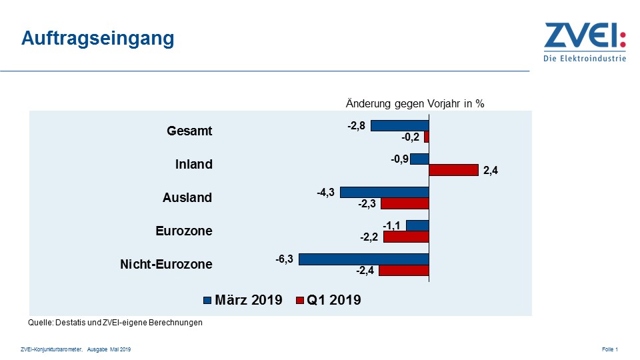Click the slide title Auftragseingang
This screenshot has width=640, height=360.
click(x=97, y=39)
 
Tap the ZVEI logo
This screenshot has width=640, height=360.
click(x=585, y=41)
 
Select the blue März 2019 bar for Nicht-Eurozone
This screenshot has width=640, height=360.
click(x=363, y=259)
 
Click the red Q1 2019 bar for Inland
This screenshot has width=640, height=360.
click(x=453, y=170)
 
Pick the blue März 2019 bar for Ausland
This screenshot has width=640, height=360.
click(x=384, y=192)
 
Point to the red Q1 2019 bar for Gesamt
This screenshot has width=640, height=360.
click(x=426, y=137)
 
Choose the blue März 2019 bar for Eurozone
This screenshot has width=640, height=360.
click(x=417, y=225)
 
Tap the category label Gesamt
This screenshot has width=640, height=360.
click(x=189, y=131)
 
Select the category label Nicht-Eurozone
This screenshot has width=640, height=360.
click(x=166, y=264)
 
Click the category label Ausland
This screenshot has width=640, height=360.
click(x=187, y=197)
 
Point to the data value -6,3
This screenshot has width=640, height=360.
click(x=285, y=258)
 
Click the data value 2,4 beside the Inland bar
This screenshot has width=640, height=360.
click(x=490, y=171)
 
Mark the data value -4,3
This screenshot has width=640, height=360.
click(x=326, y=192)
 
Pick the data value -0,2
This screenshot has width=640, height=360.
click(x=411, y=137)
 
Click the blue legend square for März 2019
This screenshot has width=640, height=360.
click(x=207, y=301)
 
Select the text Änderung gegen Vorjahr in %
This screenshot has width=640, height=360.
click(x=414, y=103)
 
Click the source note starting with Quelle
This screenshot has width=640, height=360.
click(x=115, y=323)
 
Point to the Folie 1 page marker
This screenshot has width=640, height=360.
click(x=609, y=349)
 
